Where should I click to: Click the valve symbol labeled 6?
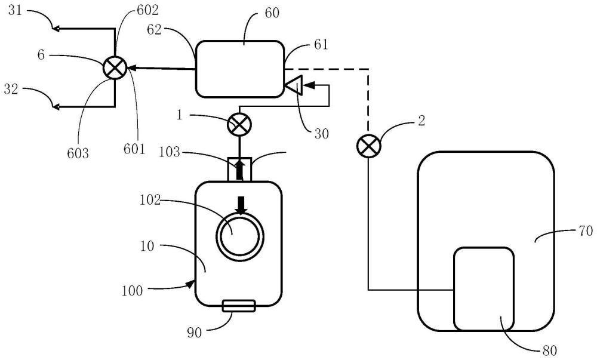click(x=114, y=68)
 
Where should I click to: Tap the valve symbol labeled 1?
click(x=239, y=125)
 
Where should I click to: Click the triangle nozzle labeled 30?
click(x=292, y=87)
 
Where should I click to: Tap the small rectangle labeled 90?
click(x=238, y=306)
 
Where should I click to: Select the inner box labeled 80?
click(x=484, y=288)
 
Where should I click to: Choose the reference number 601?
click(x=136, y=149)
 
